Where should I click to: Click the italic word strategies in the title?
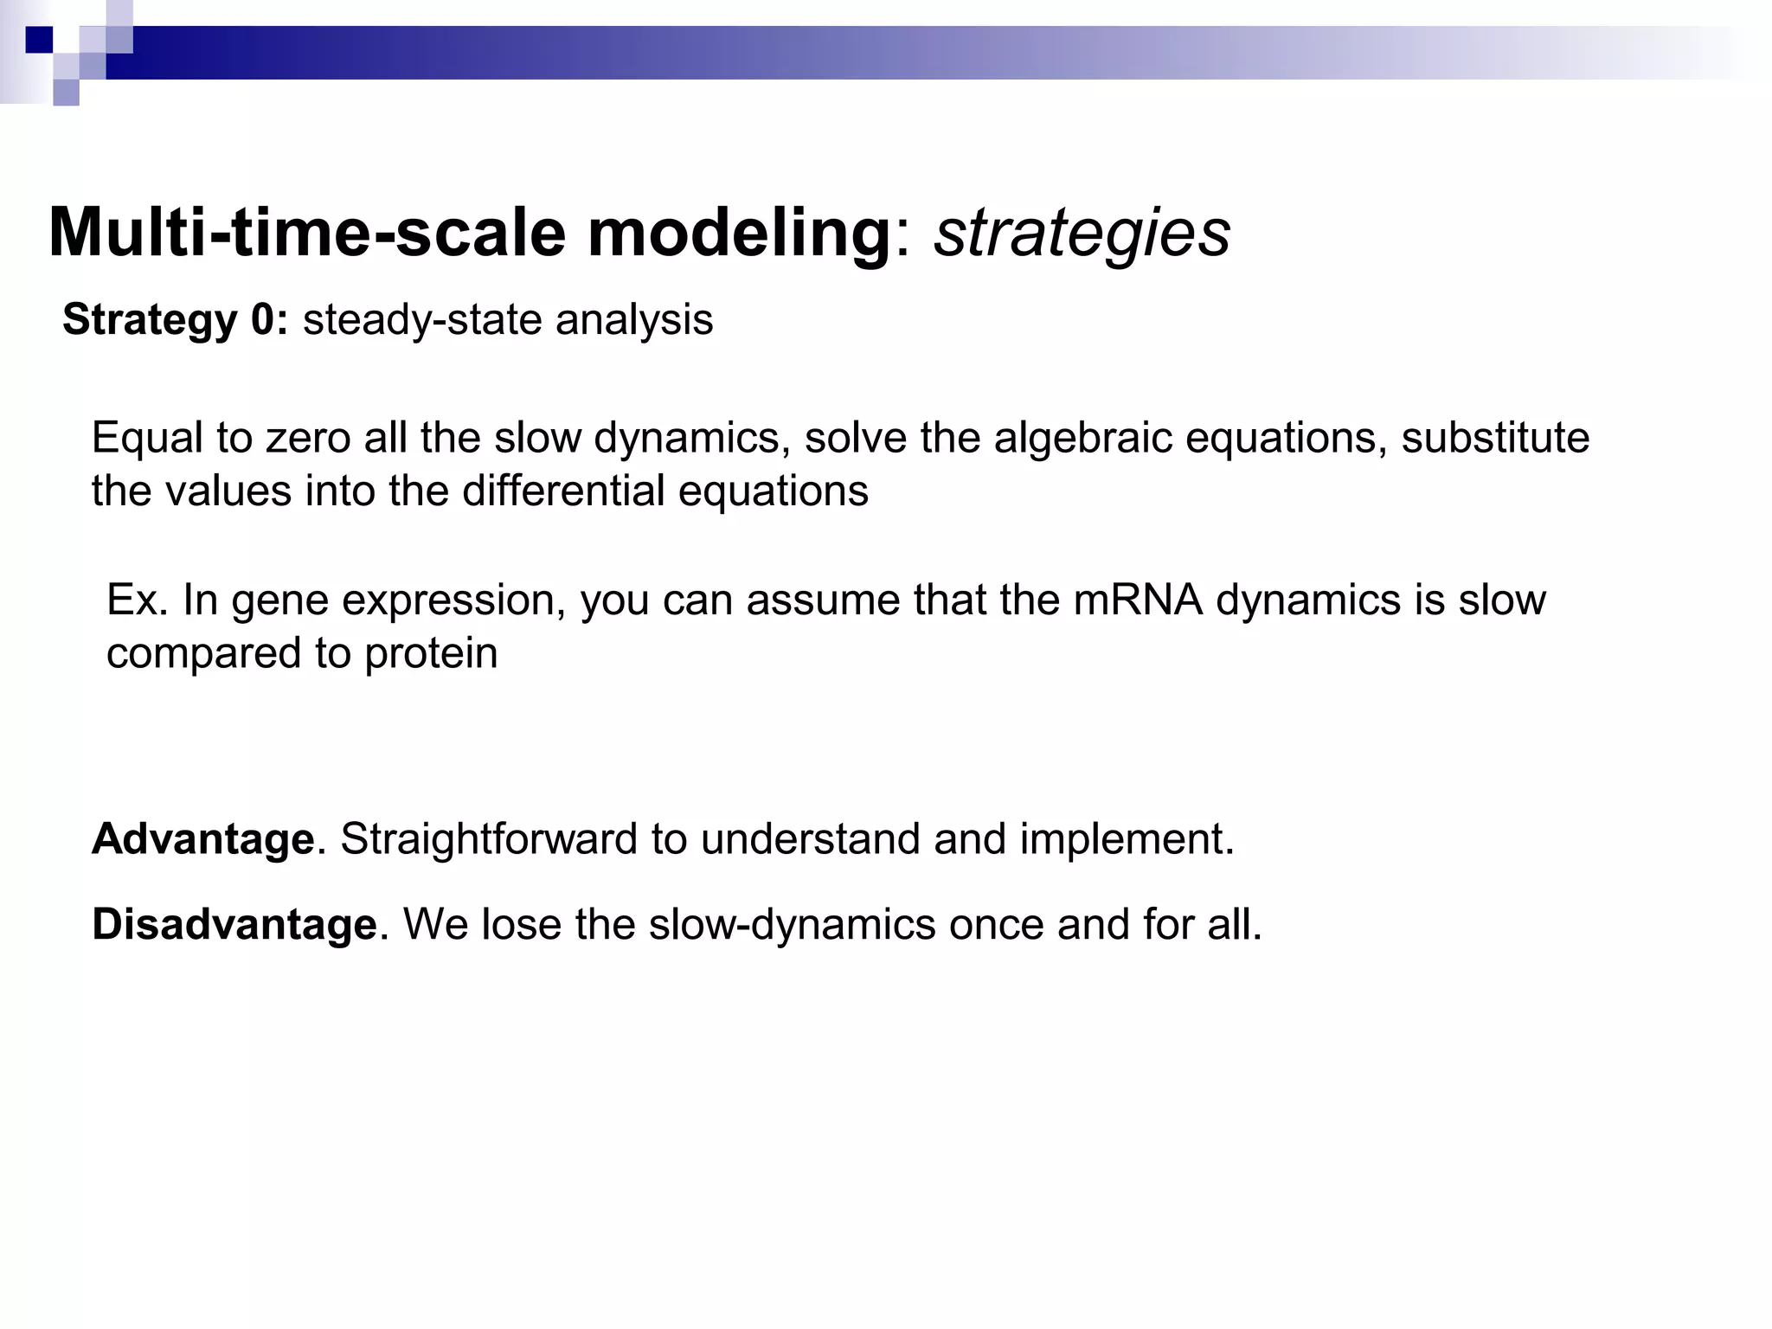[x=1082, y=234]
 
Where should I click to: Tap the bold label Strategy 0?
[x=175, y=319]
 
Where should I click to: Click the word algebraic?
[x=1083, y=438]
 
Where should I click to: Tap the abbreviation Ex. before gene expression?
[x=137, y=600]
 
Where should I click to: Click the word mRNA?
[x=1138, y=600]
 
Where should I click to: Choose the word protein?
[x=431, y=653]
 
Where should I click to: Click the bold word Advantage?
[x=202, y=838]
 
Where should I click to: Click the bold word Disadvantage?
[x=234, y=924]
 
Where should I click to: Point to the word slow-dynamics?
[x=793, y=924]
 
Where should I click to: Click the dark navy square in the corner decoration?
[x=39, y=40]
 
